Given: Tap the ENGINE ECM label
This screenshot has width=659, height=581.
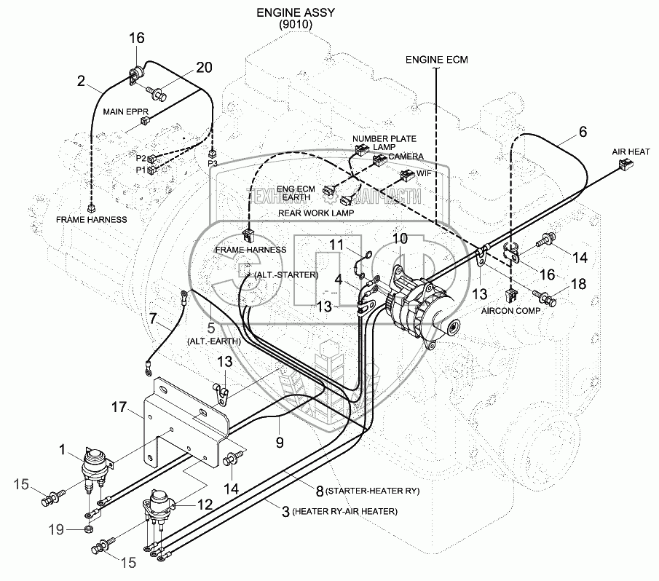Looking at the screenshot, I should [437, 58].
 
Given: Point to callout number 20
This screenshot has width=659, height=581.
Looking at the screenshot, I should [204, 68].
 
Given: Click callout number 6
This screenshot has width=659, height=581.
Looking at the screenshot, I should [582, 132].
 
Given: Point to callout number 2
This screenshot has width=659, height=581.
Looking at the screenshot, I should [82, 82].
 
